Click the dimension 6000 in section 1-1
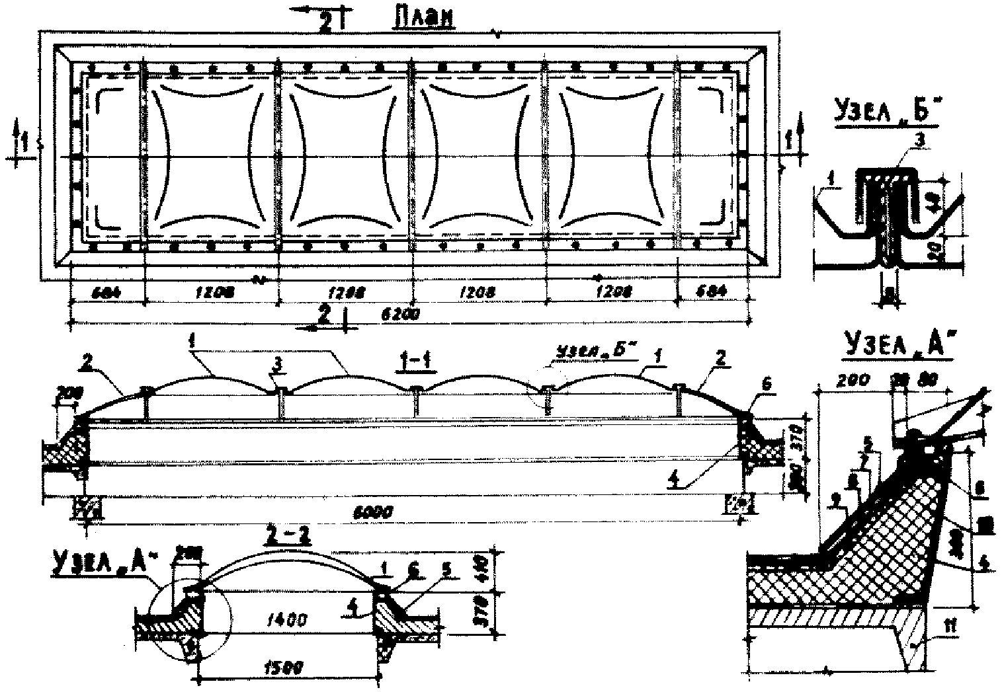(376, 511)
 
